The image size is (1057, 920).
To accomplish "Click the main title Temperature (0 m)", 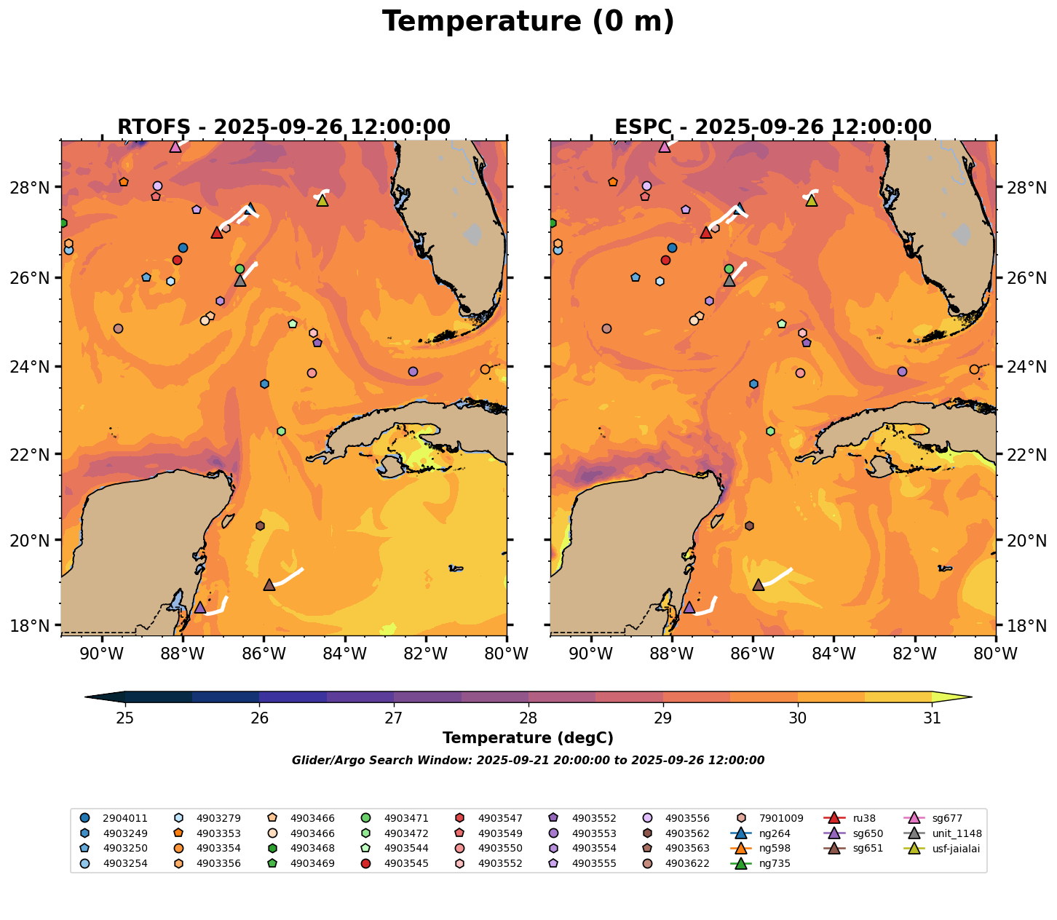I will [x=528, y=22].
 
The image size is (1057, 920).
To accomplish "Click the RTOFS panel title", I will [x=283, y=127].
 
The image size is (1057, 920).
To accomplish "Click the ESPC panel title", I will [x=772, y=127].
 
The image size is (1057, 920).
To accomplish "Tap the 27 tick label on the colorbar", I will [x=394, y=718].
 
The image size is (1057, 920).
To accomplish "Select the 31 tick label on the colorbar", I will [x=932, y=718].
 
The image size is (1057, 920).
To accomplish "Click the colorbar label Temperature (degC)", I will [x=528, y=738].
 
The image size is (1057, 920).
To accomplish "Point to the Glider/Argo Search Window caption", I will [x=528, y=761].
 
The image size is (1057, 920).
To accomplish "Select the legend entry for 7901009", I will [x=771, y=818].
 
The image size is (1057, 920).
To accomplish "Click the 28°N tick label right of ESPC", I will [x=1023, y=188].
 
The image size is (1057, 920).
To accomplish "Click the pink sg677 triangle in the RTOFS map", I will [x=175, y=146].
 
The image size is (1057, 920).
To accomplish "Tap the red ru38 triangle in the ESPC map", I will [x=705, y=232].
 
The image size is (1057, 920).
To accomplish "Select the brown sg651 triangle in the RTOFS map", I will [x=269, y=584].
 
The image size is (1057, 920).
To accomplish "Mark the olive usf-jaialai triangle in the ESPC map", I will [x=812, y=200].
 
